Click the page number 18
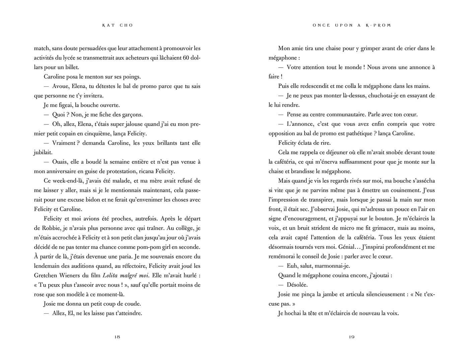point(117,337)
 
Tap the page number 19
point(351,337)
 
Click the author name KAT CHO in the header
point(118,25)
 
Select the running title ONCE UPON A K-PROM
point(352,25)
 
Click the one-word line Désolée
point(297,285)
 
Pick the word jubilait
point(43,152)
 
